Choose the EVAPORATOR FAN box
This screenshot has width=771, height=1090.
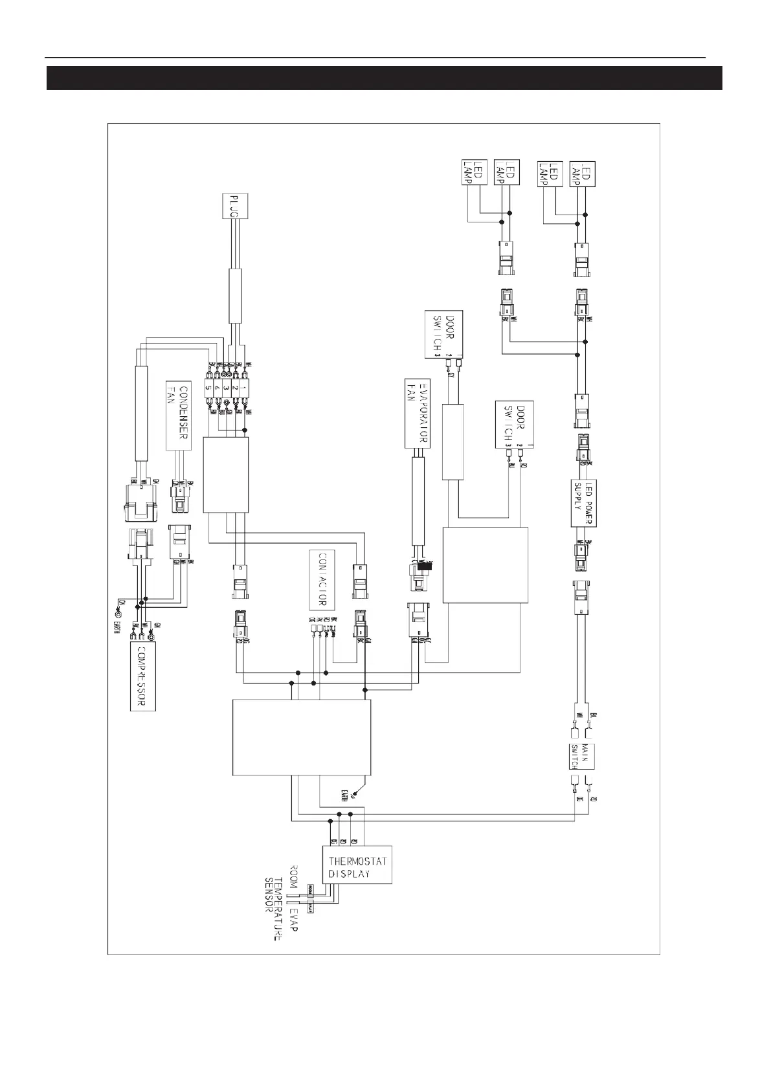[416, 413]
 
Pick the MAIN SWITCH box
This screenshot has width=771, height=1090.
[579, 756]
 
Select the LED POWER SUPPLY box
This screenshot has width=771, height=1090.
[584, 504]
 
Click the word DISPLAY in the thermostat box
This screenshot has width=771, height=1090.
[350, 873]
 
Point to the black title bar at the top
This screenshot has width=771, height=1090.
[385, 78]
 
